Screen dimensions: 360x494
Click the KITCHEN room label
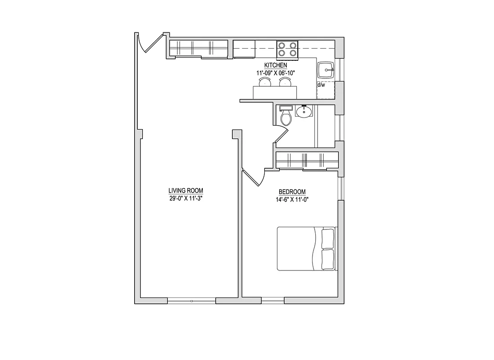pos(276,66)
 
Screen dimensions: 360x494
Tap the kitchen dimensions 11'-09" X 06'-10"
pos(276,72)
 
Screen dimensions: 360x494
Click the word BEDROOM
pos(292,191)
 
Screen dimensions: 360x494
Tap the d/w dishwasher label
pos(321,85)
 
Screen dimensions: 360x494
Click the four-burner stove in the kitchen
pos(287,49)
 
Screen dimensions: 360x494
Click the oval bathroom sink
pos(304,111)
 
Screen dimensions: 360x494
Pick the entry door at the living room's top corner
pos(149,44)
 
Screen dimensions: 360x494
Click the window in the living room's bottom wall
pos(191,300)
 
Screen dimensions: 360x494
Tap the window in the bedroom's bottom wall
pos(272,300)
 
